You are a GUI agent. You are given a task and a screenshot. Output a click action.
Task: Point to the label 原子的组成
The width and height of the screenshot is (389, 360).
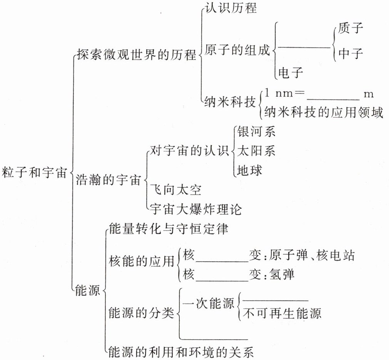pyautogui.click(x=237, y=50)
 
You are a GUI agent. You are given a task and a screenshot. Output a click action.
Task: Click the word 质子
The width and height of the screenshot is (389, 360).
pyautogui.click(x=351, y=28)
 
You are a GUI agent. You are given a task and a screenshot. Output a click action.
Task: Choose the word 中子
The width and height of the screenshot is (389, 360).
pyautogui.click(x=351, y=53)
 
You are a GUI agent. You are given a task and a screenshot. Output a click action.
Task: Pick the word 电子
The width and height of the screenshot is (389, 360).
pyautogui.click(x=291, y=72)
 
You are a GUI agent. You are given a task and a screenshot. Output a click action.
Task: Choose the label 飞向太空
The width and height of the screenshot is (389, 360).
pyautogui.click(x=175, y=190)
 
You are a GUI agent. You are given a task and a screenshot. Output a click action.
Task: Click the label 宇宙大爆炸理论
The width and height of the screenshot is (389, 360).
pyautogui.click(x=195, y=210)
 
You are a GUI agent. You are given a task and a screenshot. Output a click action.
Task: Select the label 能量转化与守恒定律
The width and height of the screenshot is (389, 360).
pyautogui.click(x=169, y=229)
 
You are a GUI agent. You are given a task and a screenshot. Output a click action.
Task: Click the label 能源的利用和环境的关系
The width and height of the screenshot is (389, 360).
pyautogui.click(x=182, y=352)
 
